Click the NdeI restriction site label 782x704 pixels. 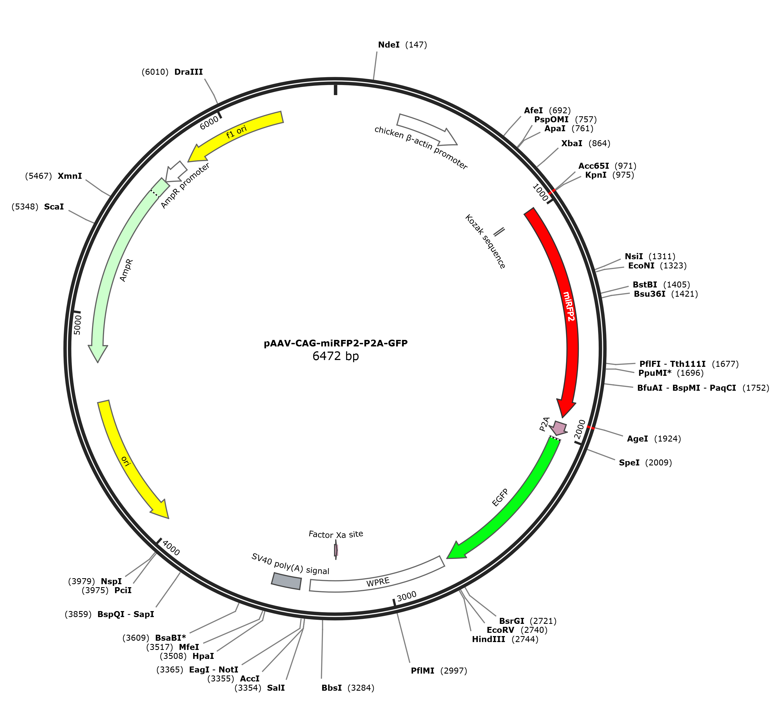pyautogui.click(x=389, y=45)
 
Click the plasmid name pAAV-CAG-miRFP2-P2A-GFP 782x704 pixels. pyautogui.click(x=336, y=343)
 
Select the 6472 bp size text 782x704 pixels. pyautogui.click(x=336, y=356)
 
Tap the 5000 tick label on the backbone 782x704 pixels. pyautogui.click(x=78, y=324)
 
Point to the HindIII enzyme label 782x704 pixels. pyautogui.click(x=488, y=639)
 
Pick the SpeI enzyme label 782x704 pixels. pyautogui.click(x=629, y=463)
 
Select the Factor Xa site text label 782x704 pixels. pyautogui.click(x=336, y=534)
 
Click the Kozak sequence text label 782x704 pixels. pyautogui.click(x=485, y=241)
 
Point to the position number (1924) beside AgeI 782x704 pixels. pyautogui.click(x=668, y=439)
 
